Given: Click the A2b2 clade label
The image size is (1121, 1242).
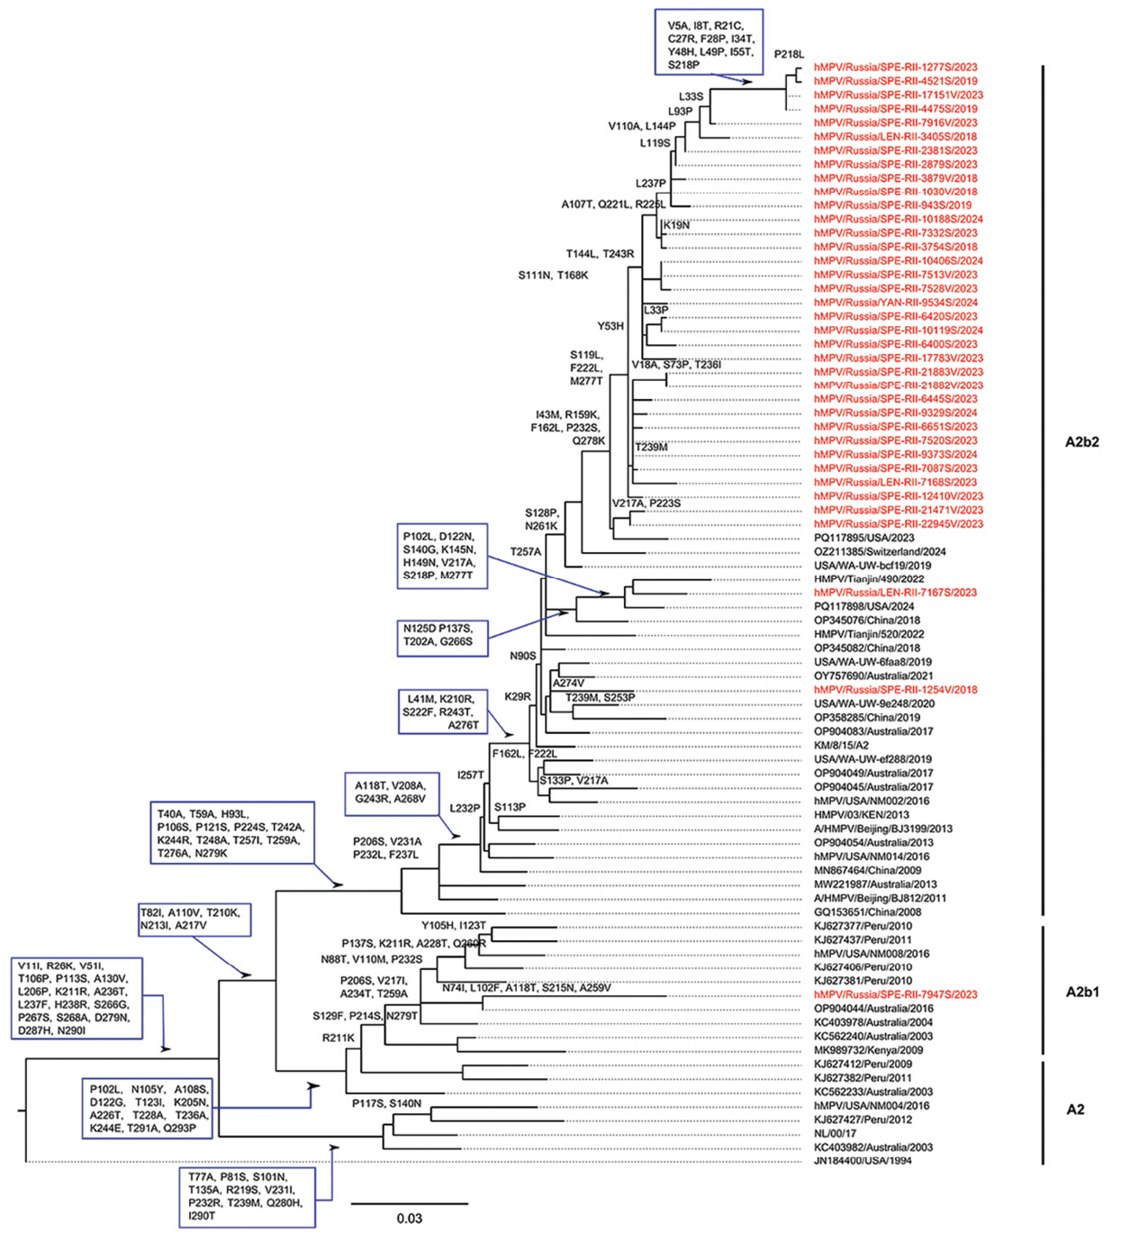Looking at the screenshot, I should click(1081, 441).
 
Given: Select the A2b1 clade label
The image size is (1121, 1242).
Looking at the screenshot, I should click(1081, 992).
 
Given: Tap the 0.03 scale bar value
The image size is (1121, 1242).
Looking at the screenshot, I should click(409, 1219).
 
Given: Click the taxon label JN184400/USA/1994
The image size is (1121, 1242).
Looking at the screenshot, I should click(863, 1161).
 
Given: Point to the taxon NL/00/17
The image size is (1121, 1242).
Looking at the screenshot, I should click(835, 1133).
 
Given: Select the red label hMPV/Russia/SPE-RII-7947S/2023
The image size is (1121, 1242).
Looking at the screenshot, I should click(895, 994).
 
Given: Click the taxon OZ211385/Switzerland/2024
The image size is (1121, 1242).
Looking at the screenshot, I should click(880, 551).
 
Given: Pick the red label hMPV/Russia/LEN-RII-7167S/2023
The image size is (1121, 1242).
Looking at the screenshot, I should click(895, 593).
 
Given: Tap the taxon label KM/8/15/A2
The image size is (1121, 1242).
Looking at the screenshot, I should click(841, 745).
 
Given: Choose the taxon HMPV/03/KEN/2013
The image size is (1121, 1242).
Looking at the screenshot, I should click(861, 814).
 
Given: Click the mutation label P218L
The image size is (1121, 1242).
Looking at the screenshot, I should click(789, 54).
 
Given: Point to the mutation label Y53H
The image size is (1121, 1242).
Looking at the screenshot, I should click(610, 326).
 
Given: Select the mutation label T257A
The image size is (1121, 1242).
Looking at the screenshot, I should click(525, 551).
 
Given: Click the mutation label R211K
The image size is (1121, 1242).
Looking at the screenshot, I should click(338, 1038).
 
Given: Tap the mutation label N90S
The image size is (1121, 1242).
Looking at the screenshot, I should click(522, 656).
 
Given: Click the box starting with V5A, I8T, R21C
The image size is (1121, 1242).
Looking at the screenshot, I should click(709, 41).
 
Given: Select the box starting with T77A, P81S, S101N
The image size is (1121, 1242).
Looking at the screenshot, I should click(247, 1196).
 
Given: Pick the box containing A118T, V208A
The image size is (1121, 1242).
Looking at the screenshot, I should click(392, 793).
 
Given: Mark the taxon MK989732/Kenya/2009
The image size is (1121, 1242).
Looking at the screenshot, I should click(868, 1050).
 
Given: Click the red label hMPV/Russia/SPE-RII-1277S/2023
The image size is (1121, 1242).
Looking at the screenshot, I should click(895, 67).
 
